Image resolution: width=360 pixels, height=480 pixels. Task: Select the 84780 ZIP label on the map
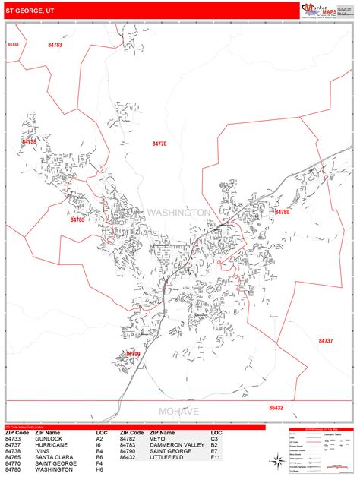coord(283,212)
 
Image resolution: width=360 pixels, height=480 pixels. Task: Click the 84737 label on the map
coord(326,341)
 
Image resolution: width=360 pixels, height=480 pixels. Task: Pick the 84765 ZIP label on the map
coord(77,219)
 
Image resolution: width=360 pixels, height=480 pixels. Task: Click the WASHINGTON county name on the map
coord(179,213)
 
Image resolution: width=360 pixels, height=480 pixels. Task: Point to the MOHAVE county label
coord(179,411)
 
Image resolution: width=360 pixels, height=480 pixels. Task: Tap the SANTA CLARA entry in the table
coord(48,457)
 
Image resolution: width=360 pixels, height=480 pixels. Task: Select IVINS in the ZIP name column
coord(35,451)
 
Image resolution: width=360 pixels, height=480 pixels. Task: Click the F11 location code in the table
coord(216,457)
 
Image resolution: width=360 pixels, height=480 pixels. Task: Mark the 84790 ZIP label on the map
coord(133,354)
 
